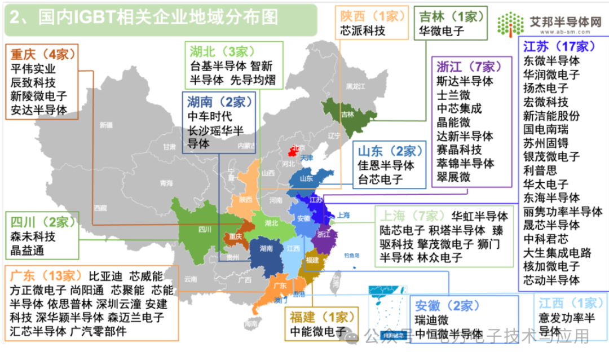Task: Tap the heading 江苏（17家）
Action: pyautogui.click(x=556, y=46)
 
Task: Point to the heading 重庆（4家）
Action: pyautogui.click(x=42, y=55)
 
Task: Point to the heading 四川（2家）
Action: pyautogui.click(x=37, y=222)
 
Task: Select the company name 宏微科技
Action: pyautogui.click(x=545, y=102)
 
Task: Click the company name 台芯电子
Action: pyautogui.click(x=379, y=180)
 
